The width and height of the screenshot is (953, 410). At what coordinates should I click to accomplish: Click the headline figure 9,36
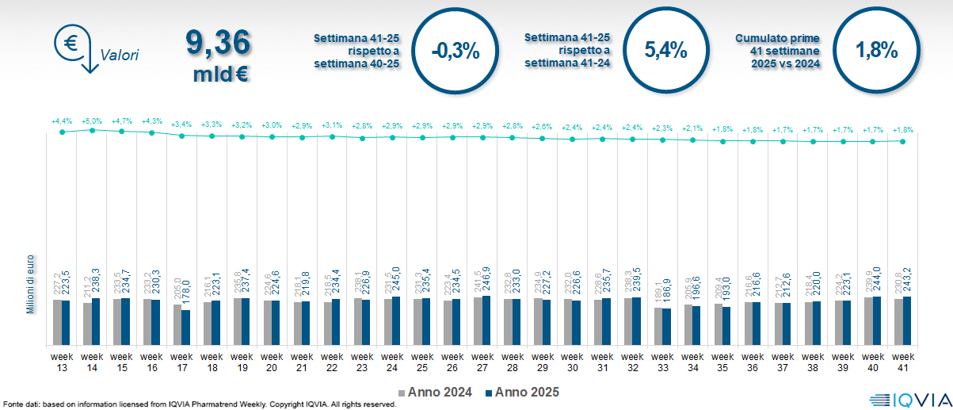(218, 43)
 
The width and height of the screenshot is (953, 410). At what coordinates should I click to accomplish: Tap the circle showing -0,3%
(456, 51)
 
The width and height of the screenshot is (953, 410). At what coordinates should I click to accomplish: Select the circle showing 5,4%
(665, 51)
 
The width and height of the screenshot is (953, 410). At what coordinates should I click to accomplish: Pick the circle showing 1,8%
(876, 51)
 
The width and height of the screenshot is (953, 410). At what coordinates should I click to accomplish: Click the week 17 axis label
(182, 362)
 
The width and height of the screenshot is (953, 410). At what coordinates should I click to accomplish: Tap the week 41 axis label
(903, 362)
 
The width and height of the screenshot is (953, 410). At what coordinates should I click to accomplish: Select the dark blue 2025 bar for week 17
(186, 328)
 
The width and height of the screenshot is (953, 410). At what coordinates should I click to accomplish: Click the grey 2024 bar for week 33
(659, 326)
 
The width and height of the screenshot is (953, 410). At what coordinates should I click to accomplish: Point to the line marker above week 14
(92, 129)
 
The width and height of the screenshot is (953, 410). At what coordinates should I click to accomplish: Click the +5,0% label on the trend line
(92, 121)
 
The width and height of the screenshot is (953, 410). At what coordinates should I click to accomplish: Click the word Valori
(120, 56)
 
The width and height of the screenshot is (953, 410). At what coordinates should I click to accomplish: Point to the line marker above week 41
(903, 141)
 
